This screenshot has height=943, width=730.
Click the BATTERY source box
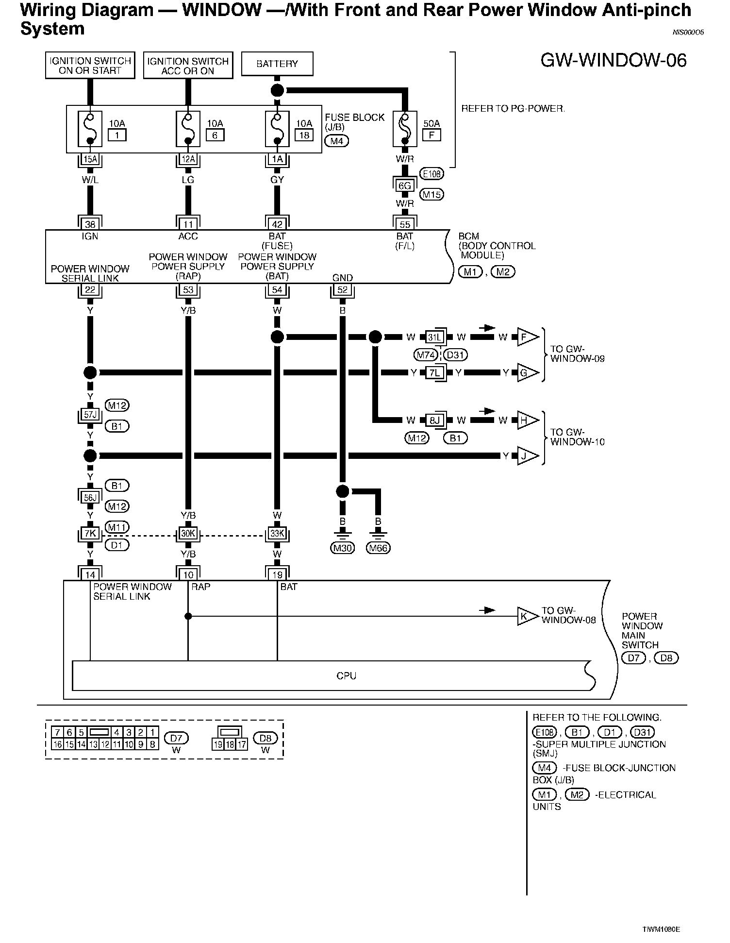pos(277,64)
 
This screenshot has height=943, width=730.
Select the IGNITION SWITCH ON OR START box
pos(90,66)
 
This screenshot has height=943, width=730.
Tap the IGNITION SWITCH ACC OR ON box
pos(188,66)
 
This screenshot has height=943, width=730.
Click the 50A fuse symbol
pos(405,129)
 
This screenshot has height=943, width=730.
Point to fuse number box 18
pos(304,135)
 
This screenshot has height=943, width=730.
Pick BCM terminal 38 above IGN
pos(90,224)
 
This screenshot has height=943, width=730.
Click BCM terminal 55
pos(405,224)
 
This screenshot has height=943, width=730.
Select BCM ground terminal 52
pos(343,290)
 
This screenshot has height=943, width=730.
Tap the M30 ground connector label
pos(343,548)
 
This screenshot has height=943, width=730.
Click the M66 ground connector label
pos(378,548)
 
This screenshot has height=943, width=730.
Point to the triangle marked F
pos(527,337)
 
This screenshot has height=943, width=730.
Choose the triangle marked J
pos(527,456)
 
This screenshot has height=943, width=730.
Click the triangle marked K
pos(526,617)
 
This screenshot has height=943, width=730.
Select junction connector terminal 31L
pos(434,337)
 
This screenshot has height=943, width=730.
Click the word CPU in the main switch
pos(346,675)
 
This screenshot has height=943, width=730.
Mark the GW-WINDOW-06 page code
pos(614,61)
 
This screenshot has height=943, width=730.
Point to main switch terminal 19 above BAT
pos(277,575)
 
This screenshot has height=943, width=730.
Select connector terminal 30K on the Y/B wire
pos(188,534)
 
